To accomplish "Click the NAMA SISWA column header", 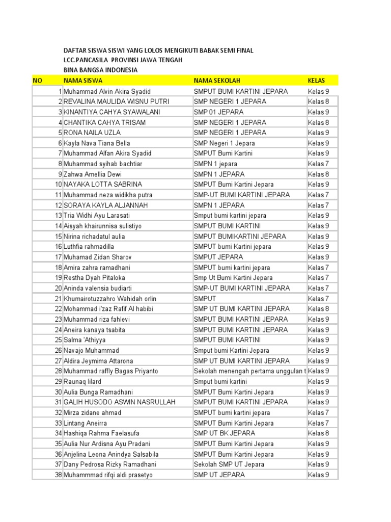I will click(83, 81).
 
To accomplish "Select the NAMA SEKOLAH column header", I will click(217, 81).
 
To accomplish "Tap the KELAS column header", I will click(317, 81).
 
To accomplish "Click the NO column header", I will click(37, 81).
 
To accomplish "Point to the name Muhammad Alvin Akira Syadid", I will click(107, 91).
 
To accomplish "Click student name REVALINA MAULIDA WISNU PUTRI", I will click(116, 101).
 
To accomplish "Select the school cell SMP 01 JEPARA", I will click(218, 112).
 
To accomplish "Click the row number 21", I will click(58, 299).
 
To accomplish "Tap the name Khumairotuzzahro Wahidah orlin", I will click(110, 299).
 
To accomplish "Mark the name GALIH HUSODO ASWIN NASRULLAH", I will click(120, 402).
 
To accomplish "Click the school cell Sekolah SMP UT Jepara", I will click(229, 464).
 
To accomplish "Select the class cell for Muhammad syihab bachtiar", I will click(318, 164).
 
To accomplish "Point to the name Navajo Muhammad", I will click(91, 351).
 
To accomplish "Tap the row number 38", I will click(58, 475).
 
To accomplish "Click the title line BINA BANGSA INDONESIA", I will click(100, 70).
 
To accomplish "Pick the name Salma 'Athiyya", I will click(85, 340).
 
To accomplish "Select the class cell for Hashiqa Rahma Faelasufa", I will click(318, 433).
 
